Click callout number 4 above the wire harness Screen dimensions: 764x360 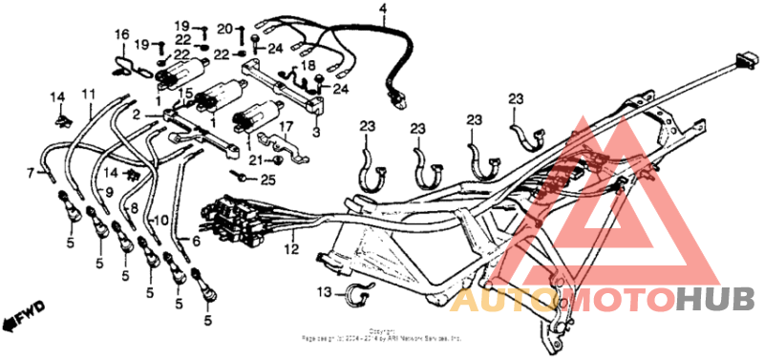click(x=383, y=11)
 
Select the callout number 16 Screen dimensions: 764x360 click(x=121, y=35)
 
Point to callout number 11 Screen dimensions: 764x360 click(x=89, y=94)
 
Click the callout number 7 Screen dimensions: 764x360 click(x=30, y=172)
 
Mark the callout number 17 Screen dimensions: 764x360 click(x=285, y=126)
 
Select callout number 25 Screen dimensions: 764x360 click(x=267, y=180)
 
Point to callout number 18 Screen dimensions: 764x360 click(x=308, y=65)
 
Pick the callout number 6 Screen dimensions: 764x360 click(x=197, y=242)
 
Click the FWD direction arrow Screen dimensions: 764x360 click(x=25, y=313)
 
